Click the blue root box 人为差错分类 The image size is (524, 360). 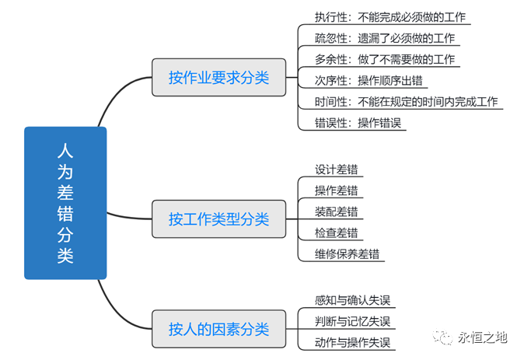tap(65, 203)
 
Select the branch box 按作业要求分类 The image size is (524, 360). tap(218, 78)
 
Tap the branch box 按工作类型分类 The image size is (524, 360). tap(218, 219)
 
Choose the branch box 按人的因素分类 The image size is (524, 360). tap(218, 329)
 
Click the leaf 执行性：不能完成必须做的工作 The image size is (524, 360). tap(390, 16)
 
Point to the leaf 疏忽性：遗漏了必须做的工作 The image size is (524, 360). tap(384, 37)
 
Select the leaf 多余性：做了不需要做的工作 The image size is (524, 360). tap(384, 59)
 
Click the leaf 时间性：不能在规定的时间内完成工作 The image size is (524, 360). tap(406, 102)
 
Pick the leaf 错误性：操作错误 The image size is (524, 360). tap(358, 123)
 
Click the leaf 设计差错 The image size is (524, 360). tap(336, 169)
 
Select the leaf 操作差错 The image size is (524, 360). tap(336, 190)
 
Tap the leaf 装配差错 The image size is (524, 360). tap(336, 211)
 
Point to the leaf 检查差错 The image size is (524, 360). tap(336, 232)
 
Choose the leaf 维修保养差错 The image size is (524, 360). tap(347, 253)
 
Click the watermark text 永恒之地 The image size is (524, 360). tap(482, 337)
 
